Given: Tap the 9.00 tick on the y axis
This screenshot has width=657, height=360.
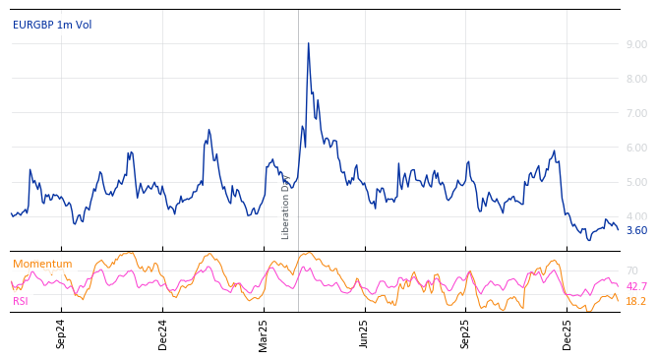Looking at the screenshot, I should (x=636, y=44).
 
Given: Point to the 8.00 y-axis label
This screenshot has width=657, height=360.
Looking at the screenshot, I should (x=636, y=79).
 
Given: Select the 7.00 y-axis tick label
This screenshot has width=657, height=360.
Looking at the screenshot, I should (x=636, y=113).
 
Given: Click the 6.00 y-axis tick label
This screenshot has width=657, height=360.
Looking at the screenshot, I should (x=636, y=148).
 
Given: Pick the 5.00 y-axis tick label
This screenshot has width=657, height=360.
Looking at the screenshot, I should (x=636, y=182).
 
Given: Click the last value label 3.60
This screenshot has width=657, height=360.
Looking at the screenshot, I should (x=636, y=230).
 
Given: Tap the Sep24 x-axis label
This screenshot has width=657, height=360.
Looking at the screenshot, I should (x=61, y=333).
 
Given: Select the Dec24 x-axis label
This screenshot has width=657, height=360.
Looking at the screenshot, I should (x=163, y=333).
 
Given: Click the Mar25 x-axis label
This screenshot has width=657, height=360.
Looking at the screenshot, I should (x=264, y=333).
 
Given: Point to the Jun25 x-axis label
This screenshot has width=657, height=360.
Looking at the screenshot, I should (x=364, y=333).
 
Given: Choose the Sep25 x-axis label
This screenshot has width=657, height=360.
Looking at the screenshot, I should (x=465, y=333).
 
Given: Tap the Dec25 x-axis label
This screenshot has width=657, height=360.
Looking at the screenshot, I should (x=567, y=333).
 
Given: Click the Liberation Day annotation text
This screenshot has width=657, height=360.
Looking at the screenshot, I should (x=286, y=207).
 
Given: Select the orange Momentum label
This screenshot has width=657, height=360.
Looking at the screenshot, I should (x=42, y=264).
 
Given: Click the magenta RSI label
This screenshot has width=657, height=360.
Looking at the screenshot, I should (x=21, y=301).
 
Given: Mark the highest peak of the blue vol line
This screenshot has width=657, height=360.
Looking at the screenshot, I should (x=308, y=43).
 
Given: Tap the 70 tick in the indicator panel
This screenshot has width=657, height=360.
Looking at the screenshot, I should (x=631, y=270).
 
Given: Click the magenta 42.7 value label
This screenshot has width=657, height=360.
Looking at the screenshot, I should (x=636, y=286).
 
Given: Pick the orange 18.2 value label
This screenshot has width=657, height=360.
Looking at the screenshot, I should (x=636, y=301).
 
